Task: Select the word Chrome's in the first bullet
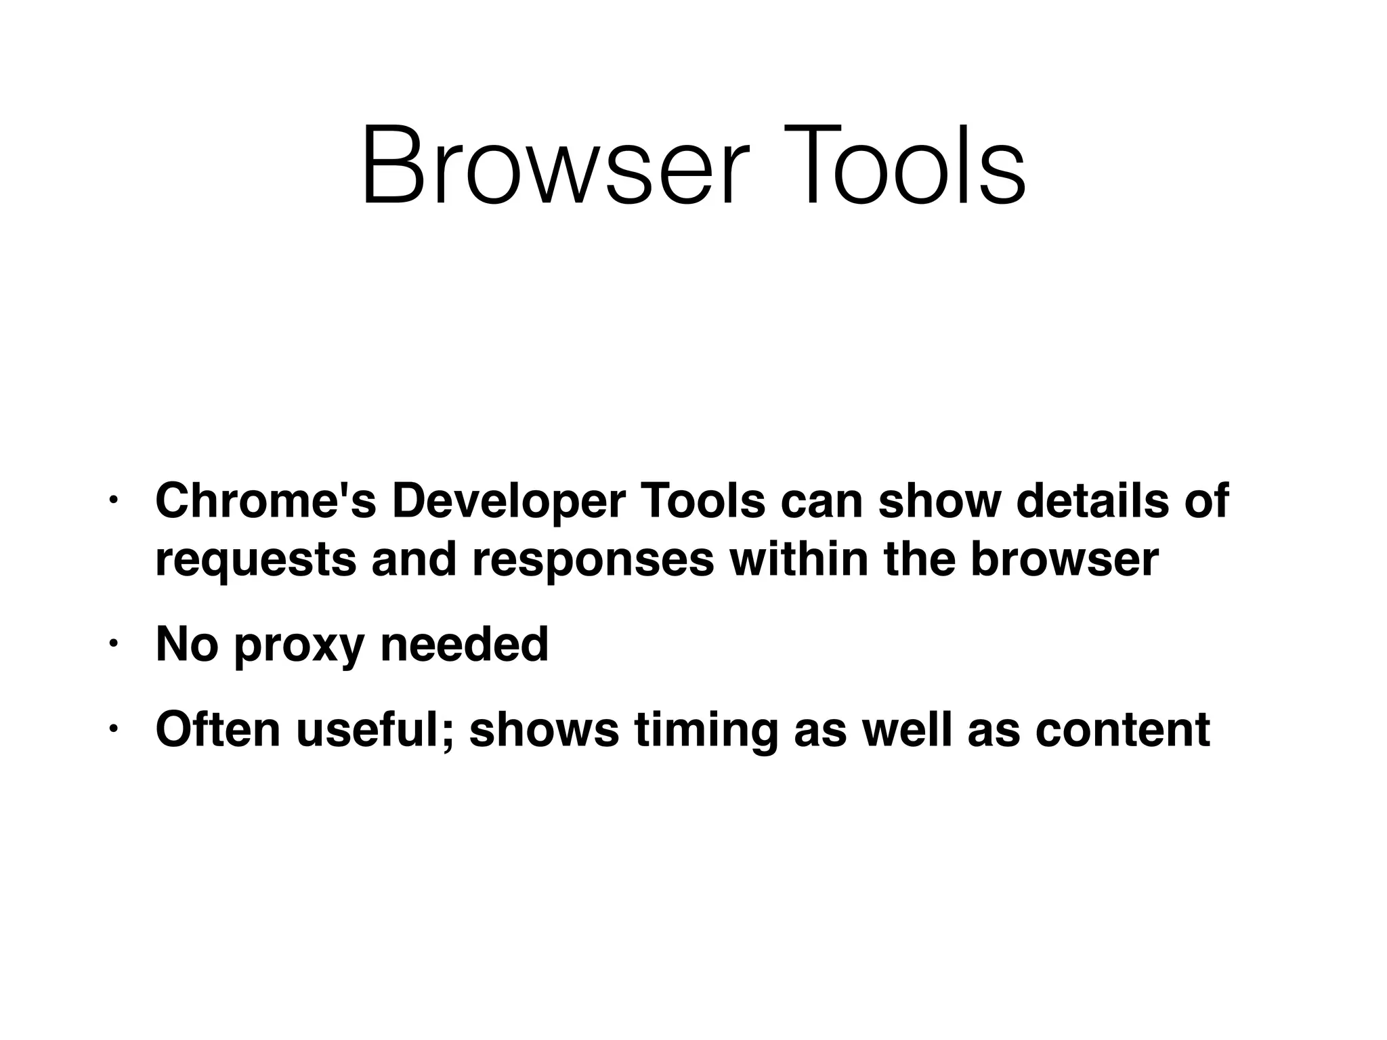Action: [x=265, y=500]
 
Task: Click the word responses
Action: [x=592, y=561]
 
